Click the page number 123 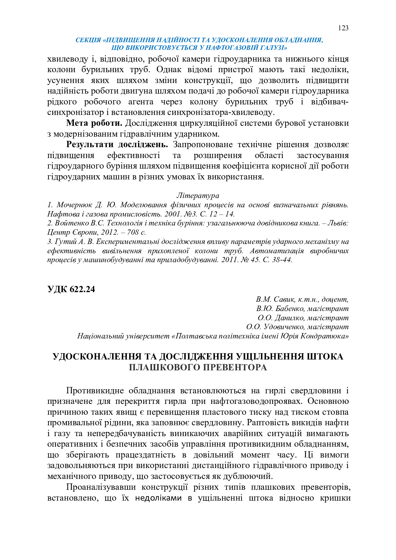pyautogui.click(x=343, y=28)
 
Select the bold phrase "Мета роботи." pyautogui.click(x=94, y=123)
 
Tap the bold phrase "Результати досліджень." pyautogui.click(x=117, y=145)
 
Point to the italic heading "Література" pyautogui.click(x=198, y=195)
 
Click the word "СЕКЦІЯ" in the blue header pyautogui.click(x=88, y=40)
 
